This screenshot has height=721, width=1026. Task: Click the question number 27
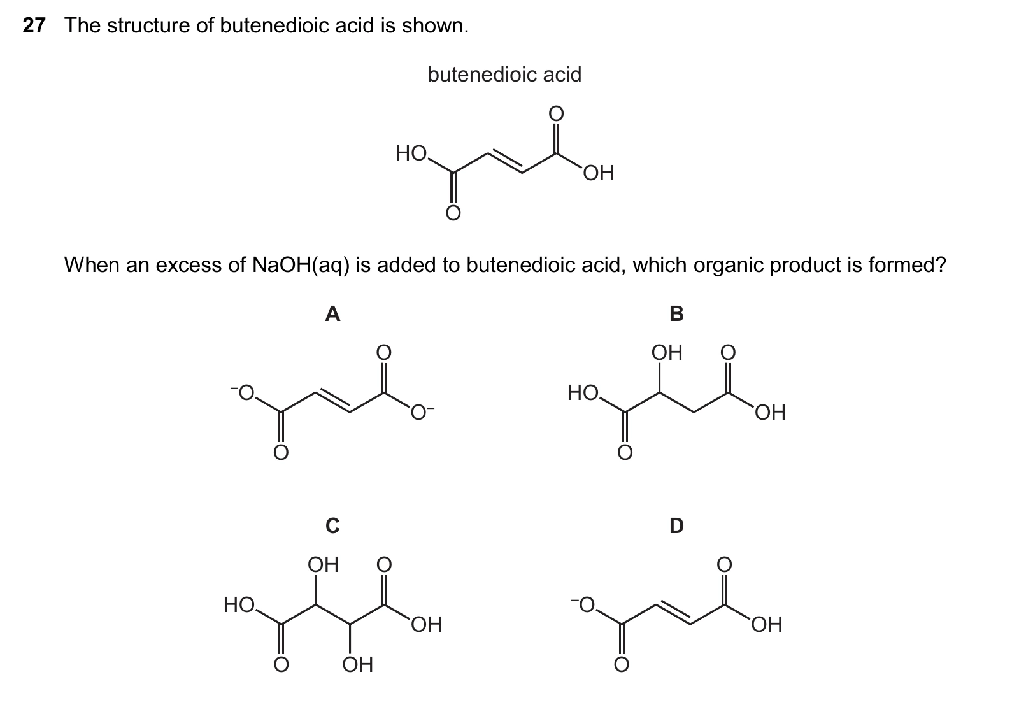click(34, 25)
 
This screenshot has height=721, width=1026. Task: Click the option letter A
click(332, 314)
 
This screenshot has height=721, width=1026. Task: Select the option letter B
click(676, 314)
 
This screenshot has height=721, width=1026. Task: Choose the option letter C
click(332, 525)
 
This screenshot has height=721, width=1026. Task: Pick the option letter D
click(676, 525)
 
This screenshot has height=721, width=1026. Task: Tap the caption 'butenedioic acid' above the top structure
click(504, 75)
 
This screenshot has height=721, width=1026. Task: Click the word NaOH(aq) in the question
click(301, 265)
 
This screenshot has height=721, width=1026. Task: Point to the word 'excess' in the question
click(189, 265)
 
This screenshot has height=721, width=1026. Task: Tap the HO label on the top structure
click(411, 153)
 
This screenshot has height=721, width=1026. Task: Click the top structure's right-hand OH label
click(598, 173)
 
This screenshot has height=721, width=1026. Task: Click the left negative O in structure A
click(243, 392)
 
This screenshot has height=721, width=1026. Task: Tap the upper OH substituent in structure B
click(667, 352)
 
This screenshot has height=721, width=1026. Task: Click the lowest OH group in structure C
click(358, 664)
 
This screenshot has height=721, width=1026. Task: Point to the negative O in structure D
click(583, 604)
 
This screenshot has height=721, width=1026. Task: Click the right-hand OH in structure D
click(766, 624)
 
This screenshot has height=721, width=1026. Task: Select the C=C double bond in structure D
click(673, 614)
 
